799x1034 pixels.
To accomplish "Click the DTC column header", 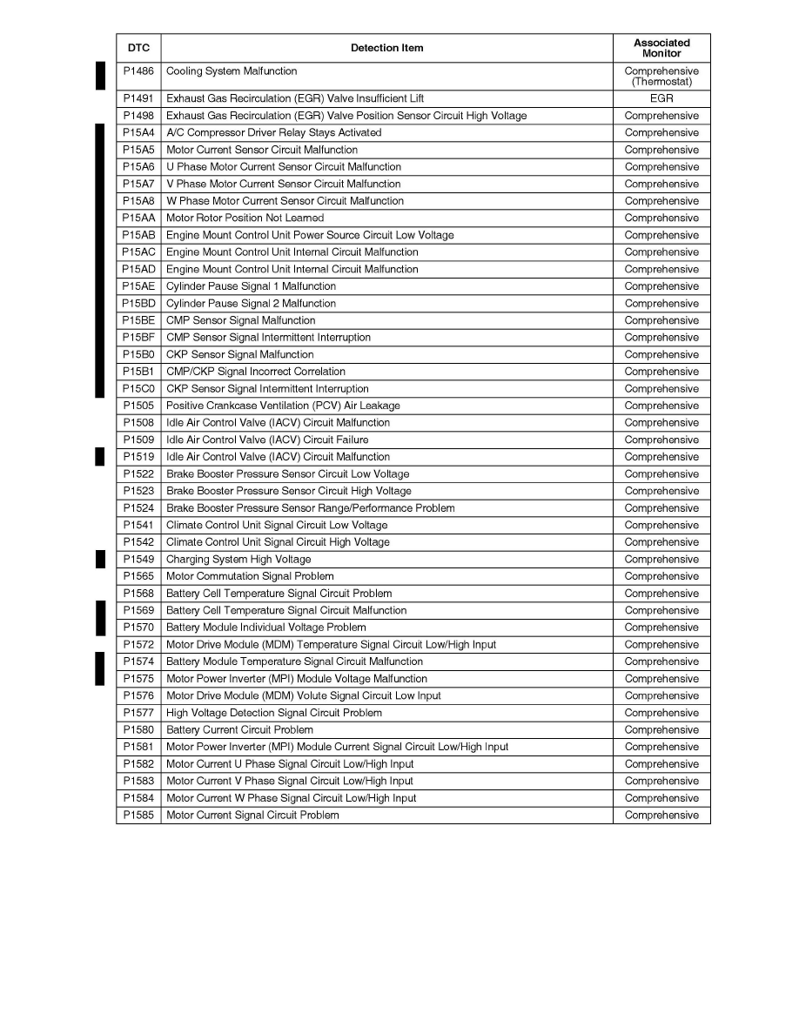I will coord(138,48).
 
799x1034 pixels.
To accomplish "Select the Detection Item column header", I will coord(386,48).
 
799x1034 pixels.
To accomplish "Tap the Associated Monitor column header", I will coord(661,48).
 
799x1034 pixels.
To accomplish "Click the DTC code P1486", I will coord(138,71).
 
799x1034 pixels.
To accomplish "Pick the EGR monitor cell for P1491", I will coord(661,99).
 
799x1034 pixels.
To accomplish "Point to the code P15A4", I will coord(138,133).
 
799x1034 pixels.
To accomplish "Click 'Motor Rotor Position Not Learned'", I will coord(245,218).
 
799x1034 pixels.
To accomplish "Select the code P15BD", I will coord(138,304).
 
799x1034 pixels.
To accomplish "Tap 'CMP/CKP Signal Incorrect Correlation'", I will coord(255,372).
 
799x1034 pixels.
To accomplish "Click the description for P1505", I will coord(283,406).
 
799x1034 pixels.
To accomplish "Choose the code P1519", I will coord(138,457).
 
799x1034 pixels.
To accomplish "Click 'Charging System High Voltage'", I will coord(238,560).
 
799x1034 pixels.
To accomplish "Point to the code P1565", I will coord(138,576).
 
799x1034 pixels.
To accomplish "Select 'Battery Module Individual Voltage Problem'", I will coord(265,628).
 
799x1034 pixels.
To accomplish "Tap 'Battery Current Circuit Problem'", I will coord(239,730).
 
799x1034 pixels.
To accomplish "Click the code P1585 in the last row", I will coord(138,816).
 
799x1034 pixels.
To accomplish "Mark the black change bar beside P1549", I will coord(100,560).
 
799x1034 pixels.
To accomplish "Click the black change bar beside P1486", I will coord(100,76).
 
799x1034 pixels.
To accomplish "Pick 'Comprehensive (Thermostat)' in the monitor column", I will coord(661,77).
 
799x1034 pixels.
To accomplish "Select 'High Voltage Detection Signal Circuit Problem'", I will coord(273,713).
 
